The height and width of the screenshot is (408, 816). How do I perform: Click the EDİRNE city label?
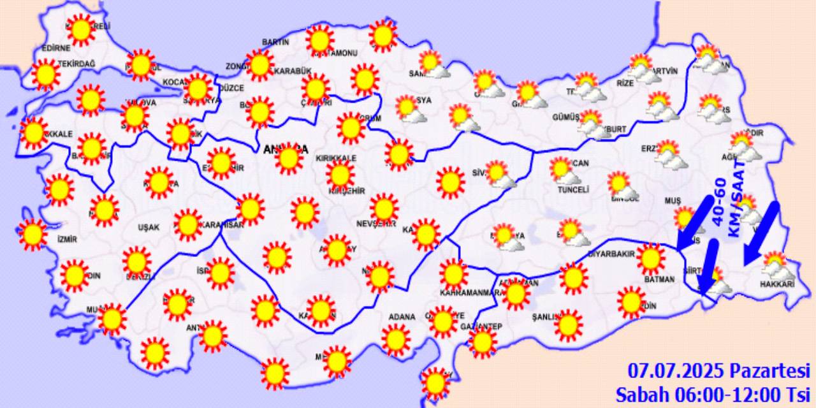click(55, 48)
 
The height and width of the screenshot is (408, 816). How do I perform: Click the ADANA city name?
click(402, 317)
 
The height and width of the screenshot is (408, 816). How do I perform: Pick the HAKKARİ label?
click(776, 284)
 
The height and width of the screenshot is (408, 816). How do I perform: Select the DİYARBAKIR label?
click(611, 254)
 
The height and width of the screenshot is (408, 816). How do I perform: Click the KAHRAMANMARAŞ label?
click(471, 293)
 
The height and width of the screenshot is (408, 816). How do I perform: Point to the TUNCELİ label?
click(573, 189)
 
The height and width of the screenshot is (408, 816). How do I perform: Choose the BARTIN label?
click(275, 42)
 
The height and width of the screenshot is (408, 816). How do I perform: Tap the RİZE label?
click(626, 83)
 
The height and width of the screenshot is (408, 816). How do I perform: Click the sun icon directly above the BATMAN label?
click(651, 258)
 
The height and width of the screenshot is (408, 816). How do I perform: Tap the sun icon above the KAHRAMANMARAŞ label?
click(454, 273)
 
